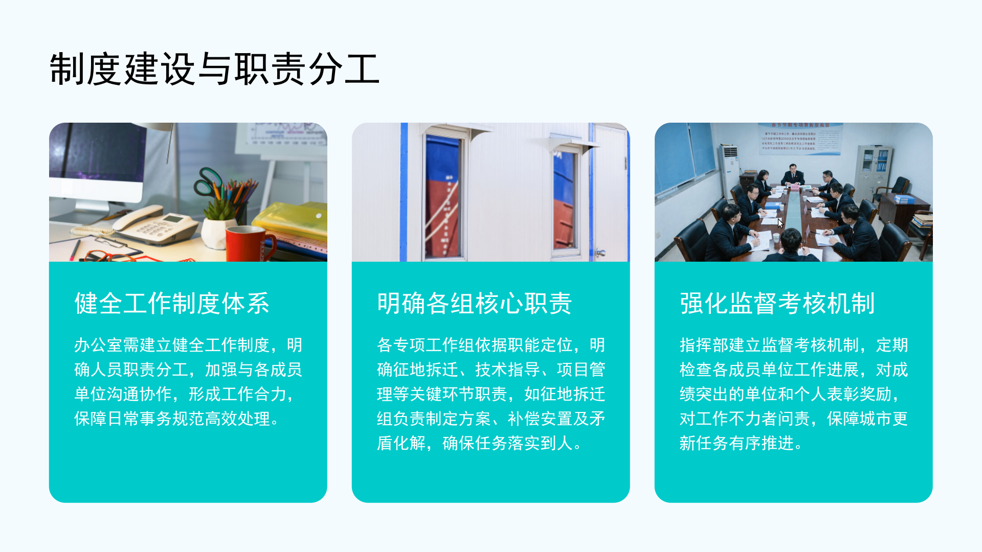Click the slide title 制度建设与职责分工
click(x=214, y=69)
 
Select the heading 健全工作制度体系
click(x=172, y=303)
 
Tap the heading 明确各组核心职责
click(x=475, y=303)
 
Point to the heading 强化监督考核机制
click(x=777, y=303)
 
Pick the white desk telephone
click(x=156, y=225)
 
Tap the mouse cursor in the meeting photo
click(x=780, y=223)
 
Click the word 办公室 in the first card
click(x=99, y=345)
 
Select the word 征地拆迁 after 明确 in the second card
click(x=426, y=370)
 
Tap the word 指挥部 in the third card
click(x=704, y=345)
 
